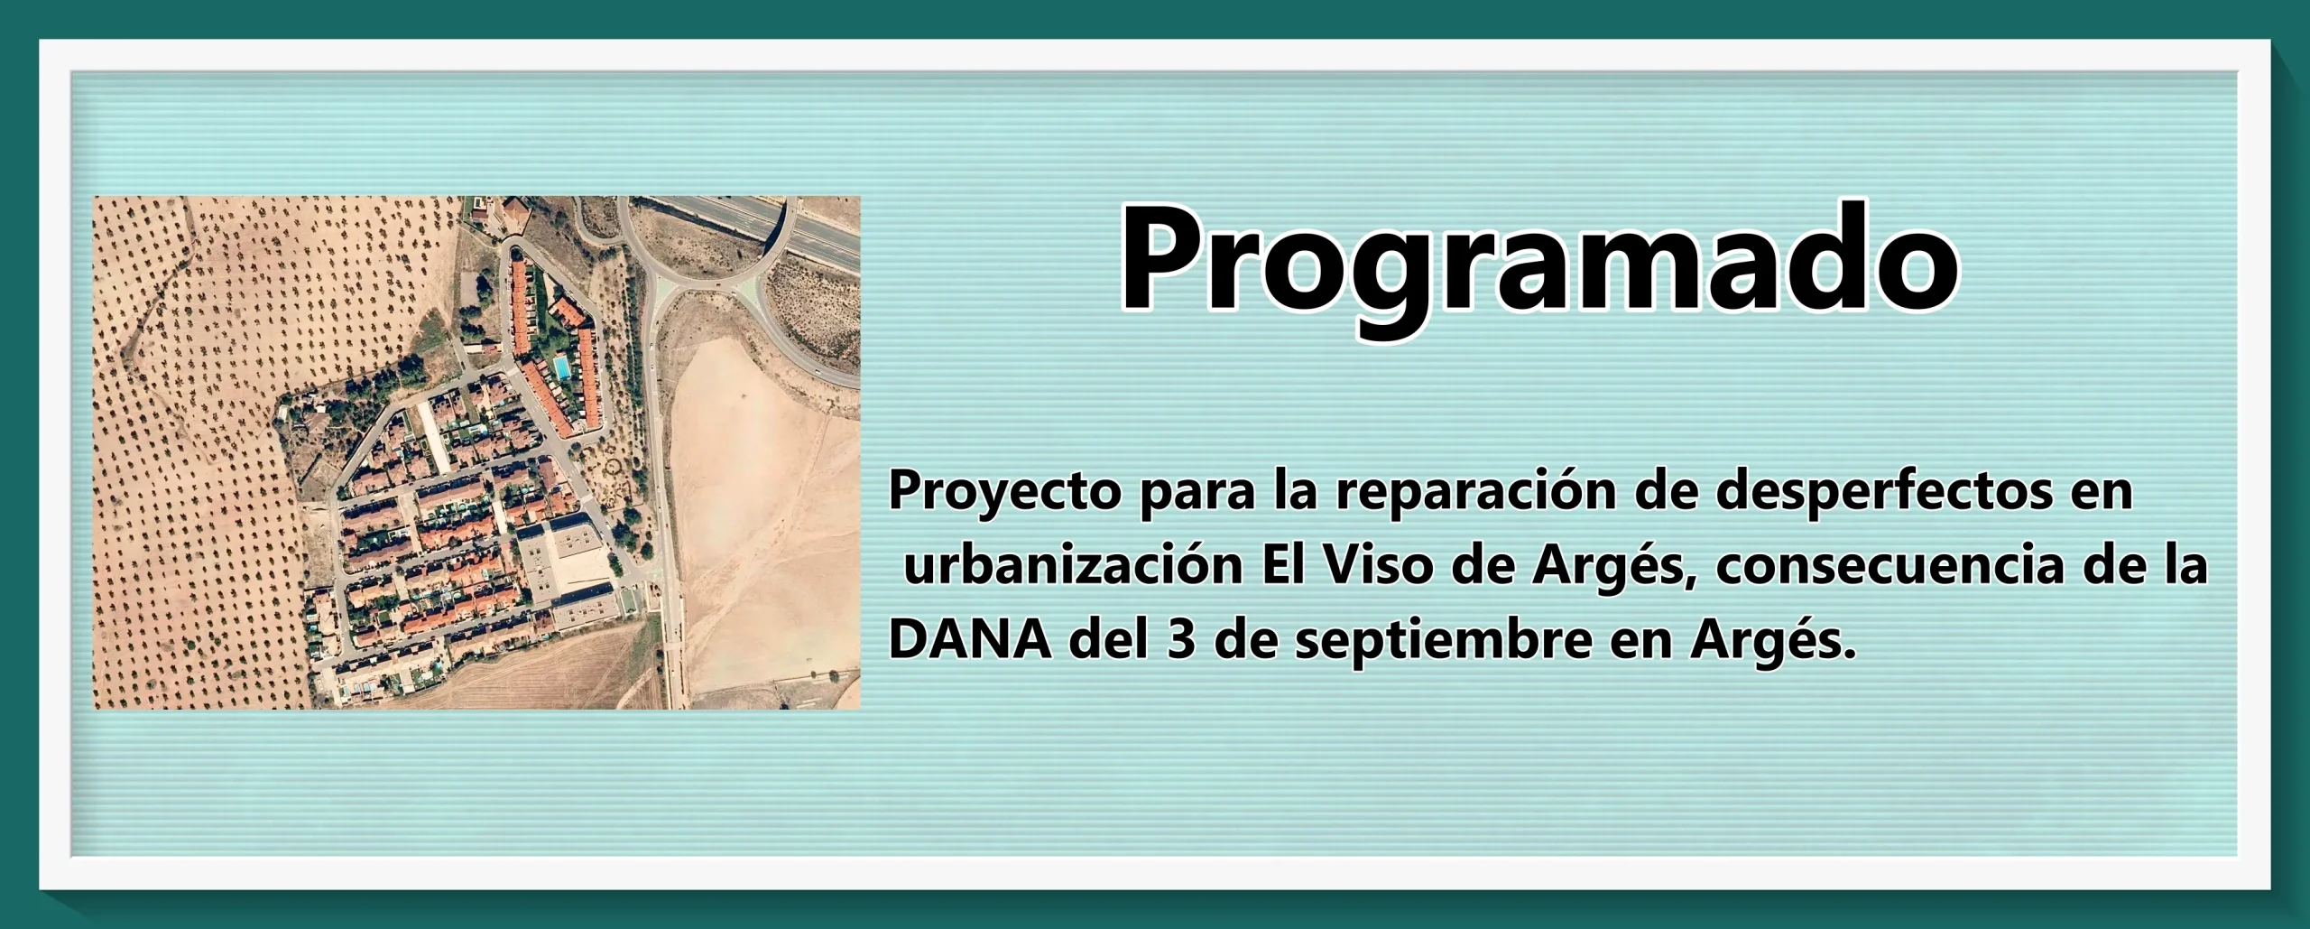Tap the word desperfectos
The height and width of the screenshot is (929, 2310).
click(x=1884, y=491)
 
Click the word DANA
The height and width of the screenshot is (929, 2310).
click(x=970, y=639)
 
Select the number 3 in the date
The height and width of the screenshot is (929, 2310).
click(x=1180, y=639)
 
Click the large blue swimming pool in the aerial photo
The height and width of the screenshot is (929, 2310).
click(x=561, y=367)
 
